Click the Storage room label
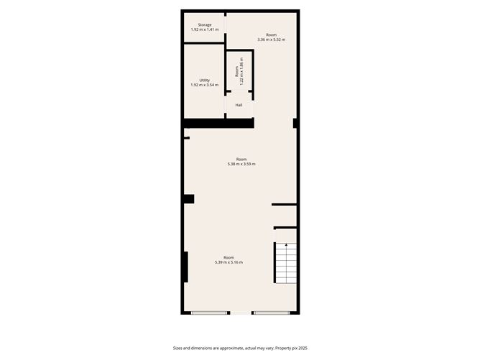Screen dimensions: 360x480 point(205,25)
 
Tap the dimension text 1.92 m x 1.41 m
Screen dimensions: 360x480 point(205,30)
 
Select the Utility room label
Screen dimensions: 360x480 point(205,80)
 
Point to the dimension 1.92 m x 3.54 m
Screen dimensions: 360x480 point(205,86)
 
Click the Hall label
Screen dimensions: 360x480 point(239,105)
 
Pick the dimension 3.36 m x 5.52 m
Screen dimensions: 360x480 point(271,40)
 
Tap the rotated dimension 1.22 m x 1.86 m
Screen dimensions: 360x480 point(241,72)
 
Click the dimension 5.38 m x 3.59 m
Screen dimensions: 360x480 point(241,165)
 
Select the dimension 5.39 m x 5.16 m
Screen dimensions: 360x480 point(229,262)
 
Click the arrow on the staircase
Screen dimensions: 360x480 point(286,246)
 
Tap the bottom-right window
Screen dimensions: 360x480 point(272,313)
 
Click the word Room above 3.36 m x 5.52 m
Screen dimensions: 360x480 point(271,34)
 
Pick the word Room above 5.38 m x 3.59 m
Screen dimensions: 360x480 point(241,160)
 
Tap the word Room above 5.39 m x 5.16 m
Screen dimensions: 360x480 point(229,257)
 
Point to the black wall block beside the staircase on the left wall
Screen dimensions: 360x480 point(185,267)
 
